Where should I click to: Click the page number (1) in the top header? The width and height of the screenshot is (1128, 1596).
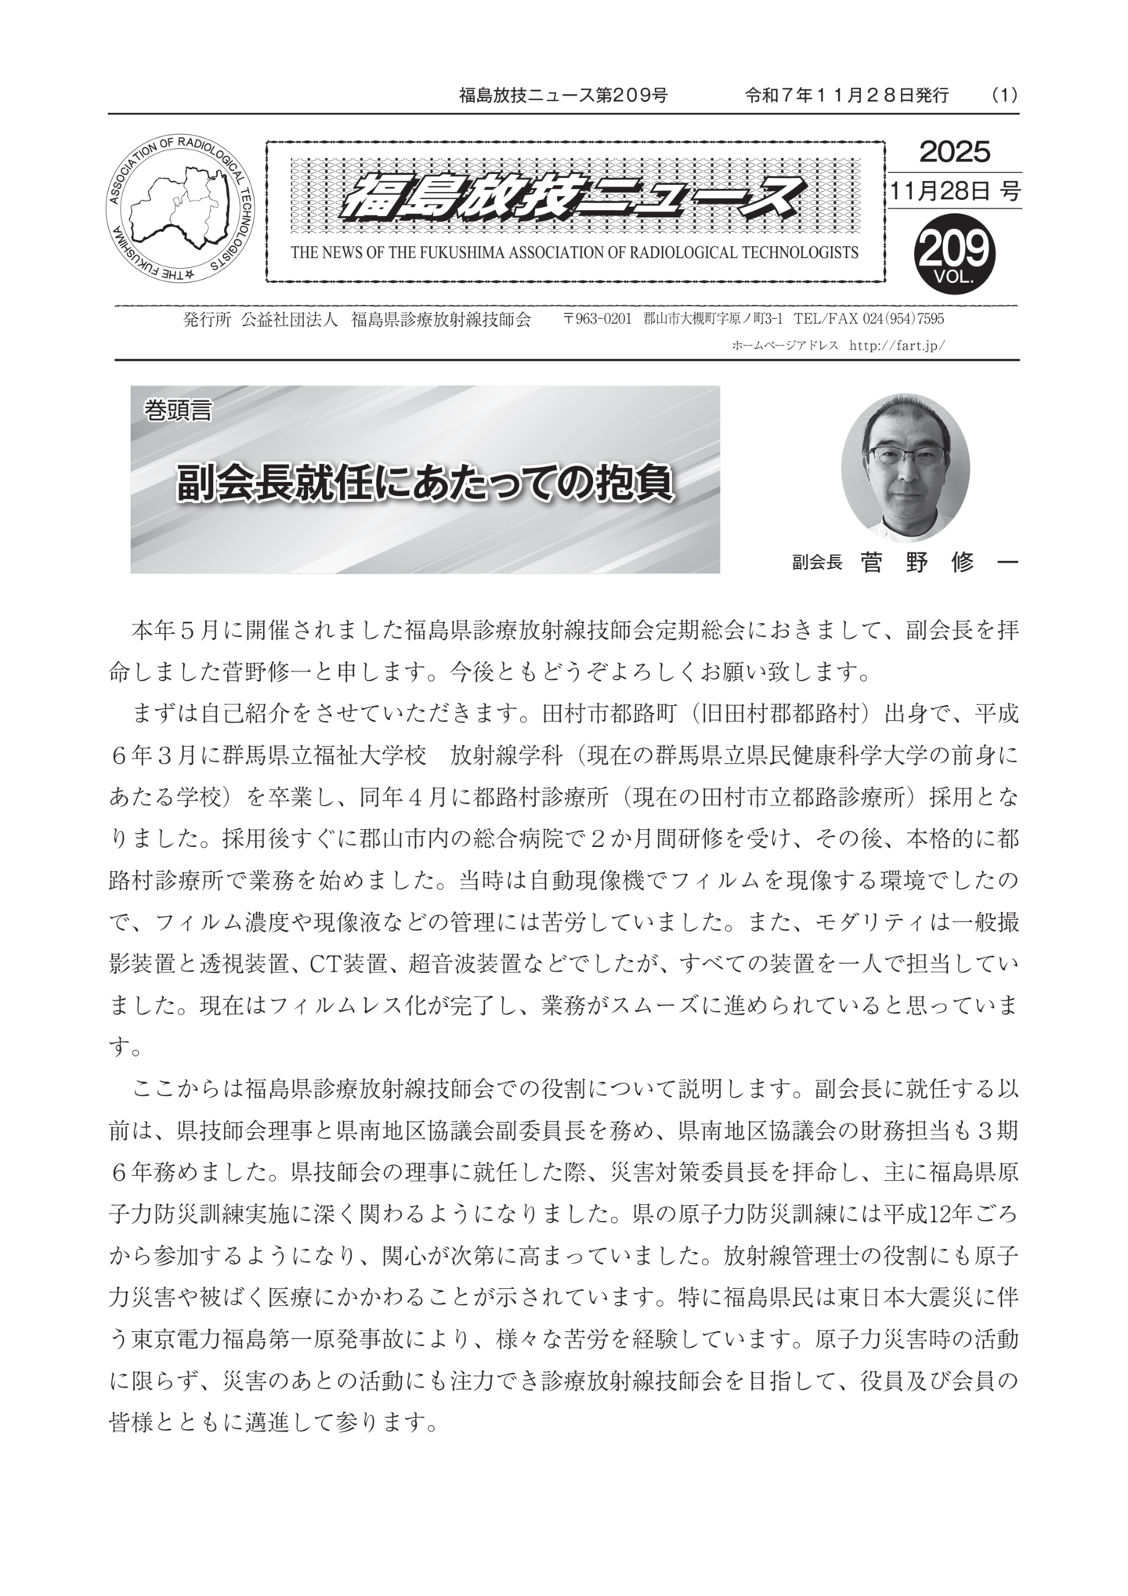tap(1003, 96)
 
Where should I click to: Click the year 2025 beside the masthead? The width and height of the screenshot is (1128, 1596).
tap(954, 151)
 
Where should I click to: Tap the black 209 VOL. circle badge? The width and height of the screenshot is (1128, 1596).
tap(953, 252)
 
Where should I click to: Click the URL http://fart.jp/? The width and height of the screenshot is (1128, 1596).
tap(896, 344)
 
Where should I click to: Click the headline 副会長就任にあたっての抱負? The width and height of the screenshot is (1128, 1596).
tap(425, 483)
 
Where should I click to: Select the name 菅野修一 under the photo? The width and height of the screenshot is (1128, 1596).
tap(938, 562)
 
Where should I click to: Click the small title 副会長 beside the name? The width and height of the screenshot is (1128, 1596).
tap(816, 563)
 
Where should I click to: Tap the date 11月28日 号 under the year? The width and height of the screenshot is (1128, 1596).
tap(954, 191)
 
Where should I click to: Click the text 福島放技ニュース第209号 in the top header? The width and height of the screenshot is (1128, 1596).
tap(562, 96)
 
